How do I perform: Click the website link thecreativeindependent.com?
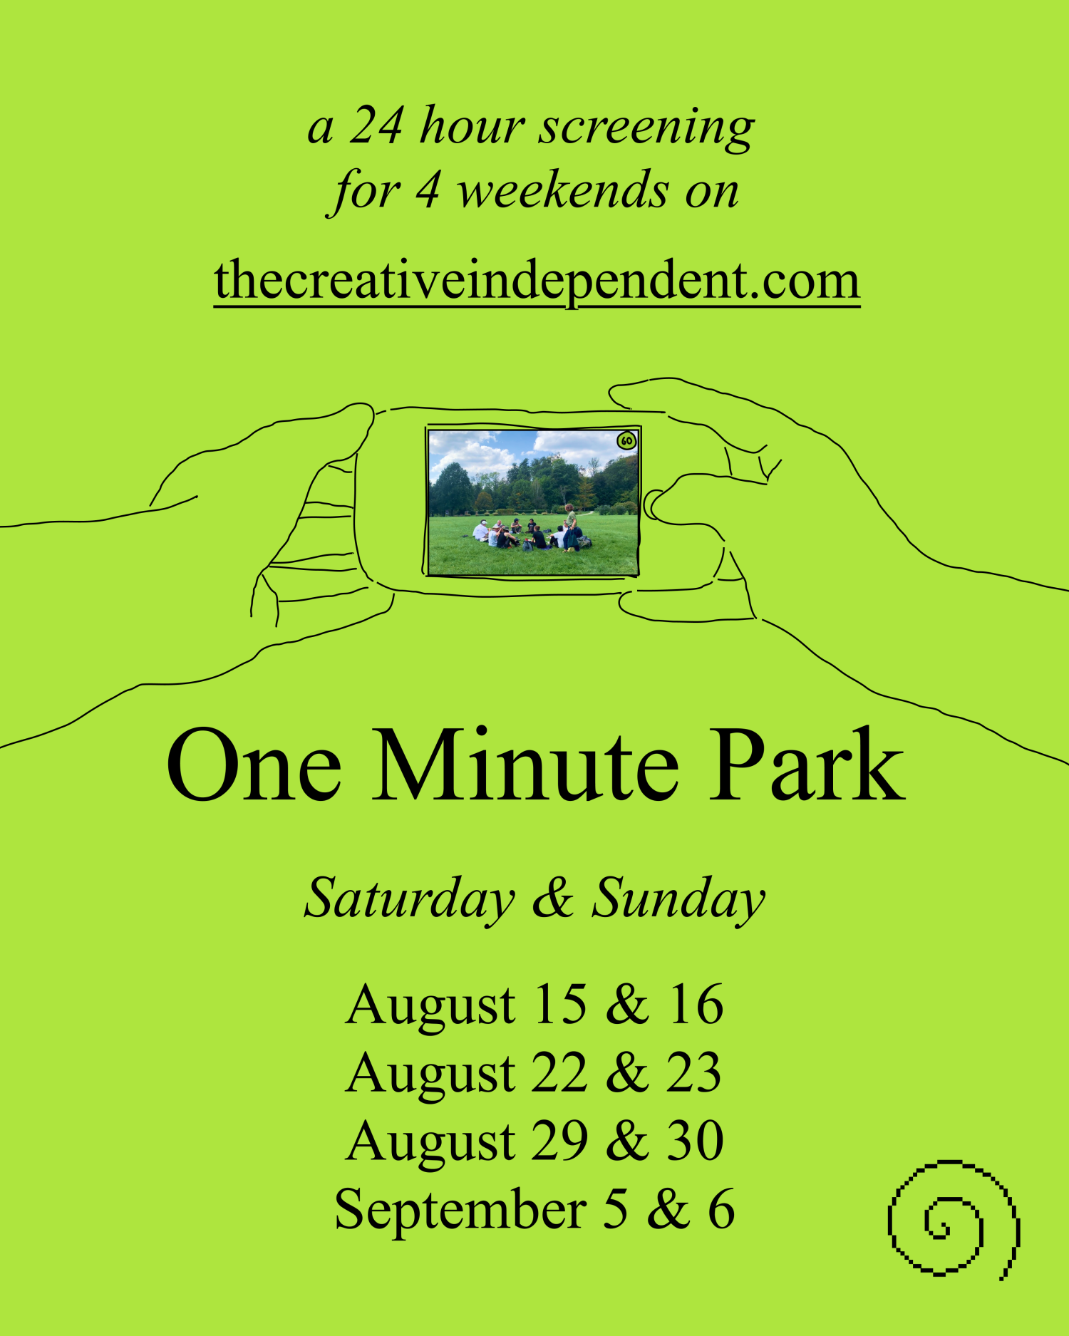click(x=537, y=281)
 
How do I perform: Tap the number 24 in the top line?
click(x=376, y=125)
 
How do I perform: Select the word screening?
click(x=646, y=128)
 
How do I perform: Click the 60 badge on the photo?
click(x=626, y=440)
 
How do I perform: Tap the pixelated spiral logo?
click(x=954, y=1219)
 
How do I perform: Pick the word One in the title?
click(x=254, y=765)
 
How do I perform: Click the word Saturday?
click(x=409, y=900)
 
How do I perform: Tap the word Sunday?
click(x=678, y=900)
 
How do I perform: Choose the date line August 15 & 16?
click(x=534, y=1005)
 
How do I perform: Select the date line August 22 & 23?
click(x=534, y=1072)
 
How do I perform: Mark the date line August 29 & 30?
click(x=534, y=1140)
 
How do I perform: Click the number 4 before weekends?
click(x=428, y=190)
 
